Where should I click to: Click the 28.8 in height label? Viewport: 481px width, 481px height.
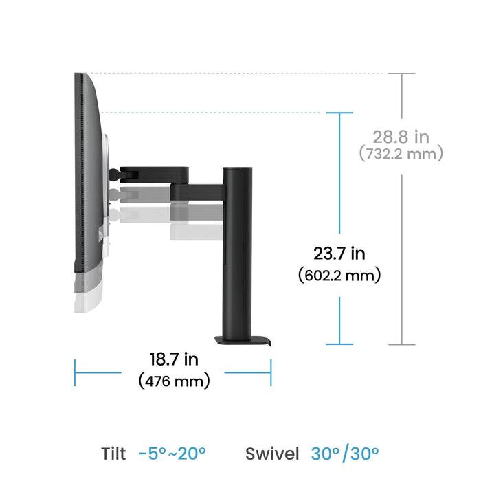coord(401,137)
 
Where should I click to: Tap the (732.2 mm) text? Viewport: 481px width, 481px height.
coord(401,154)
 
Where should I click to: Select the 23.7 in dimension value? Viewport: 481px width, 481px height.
coord(339,254)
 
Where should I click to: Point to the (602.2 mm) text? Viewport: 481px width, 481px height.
coord(339,276)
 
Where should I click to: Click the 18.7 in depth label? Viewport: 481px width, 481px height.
coord(174,359)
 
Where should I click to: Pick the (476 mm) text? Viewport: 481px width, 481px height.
coord(174,380)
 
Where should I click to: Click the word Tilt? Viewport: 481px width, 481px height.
coord(113,454)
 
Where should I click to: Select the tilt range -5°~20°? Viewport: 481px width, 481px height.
coord(172,454)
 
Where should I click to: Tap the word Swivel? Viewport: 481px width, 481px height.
coord(272,454)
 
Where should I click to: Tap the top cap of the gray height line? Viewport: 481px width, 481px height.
coord(403,74)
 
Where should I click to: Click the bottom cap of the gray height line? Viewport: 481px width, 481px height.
coord(403,344)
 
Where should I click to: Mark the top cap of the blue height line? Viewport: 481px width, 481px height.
coord(339,113)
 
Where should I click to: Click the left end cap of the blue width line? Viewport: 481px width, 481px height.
coord(75,373)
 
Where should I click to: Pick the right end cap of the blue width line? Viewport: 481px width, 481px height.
coord(271,373)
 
